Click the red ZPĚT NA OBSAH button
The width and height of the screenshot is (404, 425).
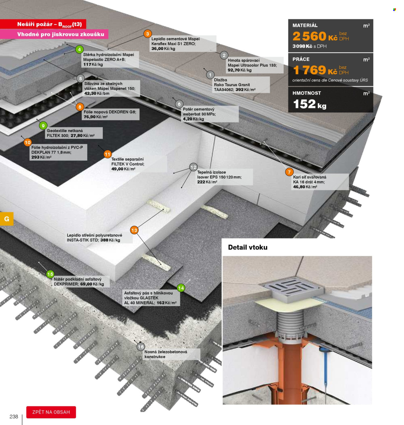[x=51, y=412]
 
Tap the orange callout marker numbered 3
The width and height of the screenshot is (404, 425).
[x=147, y=34]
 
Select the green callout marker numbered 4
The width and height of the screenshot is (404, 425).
[x=80, y=49]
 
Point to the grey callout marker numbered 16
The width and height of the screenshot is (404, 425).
[x=141, y=347]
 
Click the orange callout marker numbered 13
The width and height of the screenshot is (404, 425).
[x=134, y=230]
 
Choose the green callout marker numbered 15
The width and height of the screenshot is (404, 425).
[x=50, y=274]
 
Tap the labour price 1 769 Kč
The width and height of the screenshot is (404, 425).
[x=315, y=70]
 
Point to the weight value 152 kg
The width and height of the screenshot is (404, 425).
[x=310, y=104]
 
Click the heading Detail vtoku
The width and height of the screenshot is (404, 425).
[x=248, y=247]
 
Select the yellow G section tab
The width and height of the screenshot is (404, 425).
[x=6, y=219]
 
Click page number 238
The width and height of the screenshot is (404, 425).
[x=14, y=416]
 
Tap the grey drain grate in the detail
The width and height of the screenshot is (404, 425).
[x=293, y=287]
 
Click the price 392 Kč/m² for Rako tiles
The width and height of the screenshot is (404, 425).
[x=245, y=89]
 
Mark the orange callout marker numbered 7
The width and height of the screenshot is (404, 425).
[x=289, y=172]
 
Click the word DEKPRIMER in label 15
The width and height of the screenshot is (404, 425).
[x=66, y=284]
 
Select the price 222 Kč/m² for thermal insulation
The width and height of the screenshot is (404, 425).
[x=207, y=182]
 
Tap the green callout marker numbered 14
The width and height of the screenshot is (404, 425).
[x=181, y=288]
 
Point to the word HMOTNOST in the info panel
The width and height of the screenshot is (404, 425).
[x=307, y=93]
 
